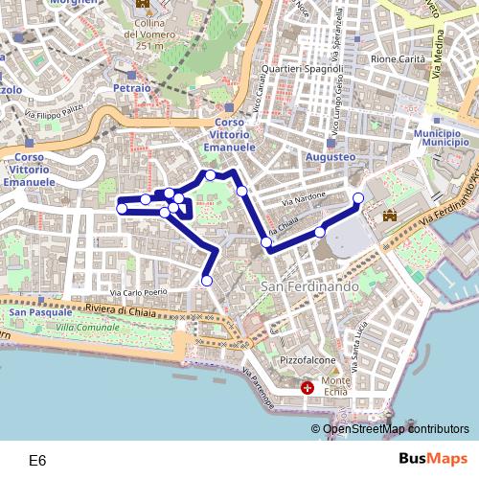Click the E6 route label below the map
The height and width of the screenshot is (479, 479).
[37, 461]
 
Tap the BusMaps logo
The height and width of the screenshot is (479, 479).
[432, 460]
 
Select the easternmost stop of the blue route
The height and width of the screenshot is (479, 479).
[359, 198]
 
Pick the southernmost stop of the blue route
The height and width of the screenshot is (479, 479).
[207, 281]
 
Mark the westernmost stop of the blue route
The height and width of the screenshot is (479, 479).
[122, 209]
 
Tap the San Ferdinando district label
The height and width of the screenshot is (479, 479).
[309, 286]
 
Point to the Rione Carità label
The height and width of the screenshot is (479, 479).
[398, 59]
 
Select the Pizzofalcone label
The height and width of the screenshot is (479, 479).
[307, 360]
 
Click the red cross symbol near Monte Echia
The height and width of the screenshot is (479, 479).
[308, 388]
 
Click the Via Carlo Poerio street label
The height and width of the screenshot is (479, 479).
[139, 292]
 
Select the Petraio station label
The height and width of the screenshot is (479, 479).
[131, 88]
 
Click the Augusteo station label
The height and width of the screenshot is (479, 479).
[330, 155]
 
